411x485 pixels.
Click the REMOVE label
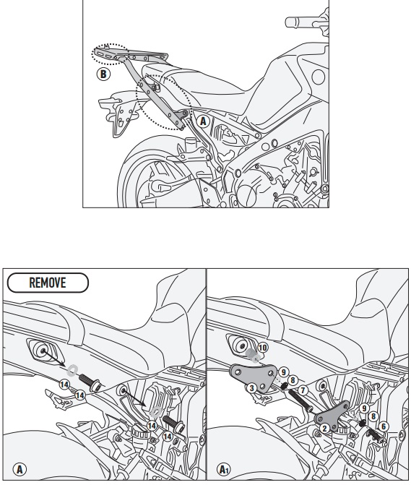48,283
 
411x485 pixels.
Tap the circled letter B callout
103,74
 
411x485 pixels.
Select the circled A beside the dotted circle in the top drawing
203,121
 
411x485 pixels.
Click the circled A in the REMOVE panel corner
20,469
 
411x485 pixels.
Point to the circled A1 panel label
223,469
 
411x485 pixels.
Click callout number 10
262,348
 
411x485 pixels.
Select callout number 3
252,388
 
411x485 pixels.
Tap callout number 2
324,429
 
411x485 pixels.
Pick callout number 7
303,390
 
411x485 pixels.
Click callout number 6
384,426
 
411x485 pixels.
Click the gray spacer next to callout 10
254,356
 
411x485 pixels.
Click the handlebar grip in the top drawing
298,22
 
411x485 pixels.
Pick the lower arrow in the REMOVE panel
134,399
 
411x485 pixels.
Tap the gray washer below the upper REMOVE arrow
72,370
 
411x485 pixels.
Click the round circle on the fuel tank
319,77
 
